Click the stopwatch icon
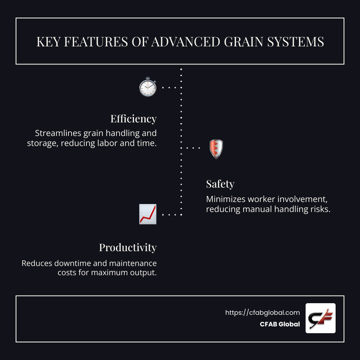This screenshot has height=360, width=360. point(148,87)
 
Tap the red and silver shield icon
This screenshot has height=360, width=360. point(216,149)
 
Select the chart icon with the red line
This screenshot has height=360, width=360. point(148,214)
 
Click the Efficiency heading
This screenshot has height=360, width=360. point(133,119)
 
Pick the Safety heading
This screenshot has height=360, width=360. point(220,184)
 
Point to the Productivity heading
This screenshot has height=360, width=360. point(128,248)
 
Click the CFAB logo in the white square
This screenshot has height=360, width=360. point(320,318)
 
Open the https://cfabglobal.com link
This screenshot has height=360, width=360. point(262,313)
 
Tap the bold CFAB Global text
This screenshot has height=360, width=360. point(280,324)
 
